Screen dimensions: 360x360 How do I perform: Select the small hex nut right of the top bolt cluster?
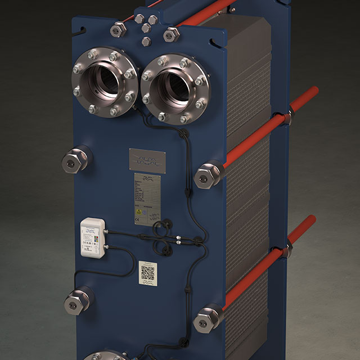tap(171, 34)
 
